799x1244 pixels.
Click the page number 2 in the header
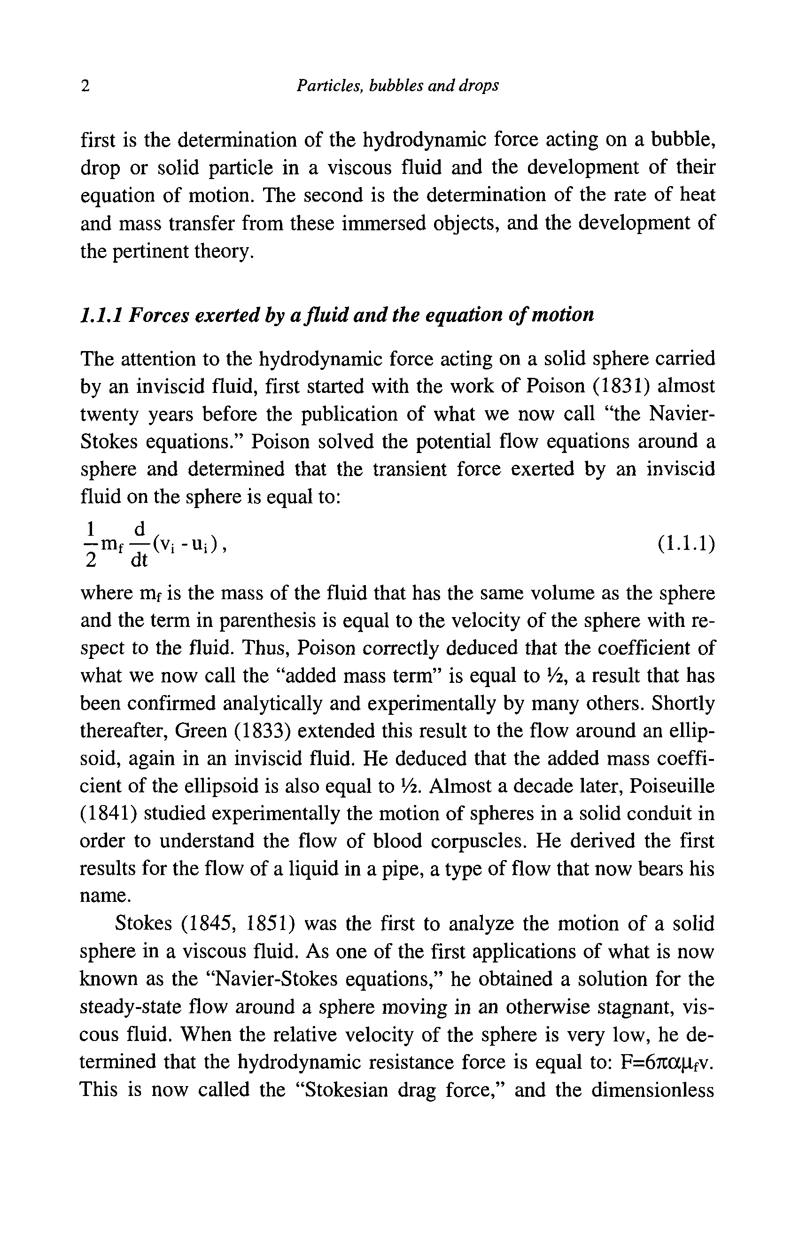(85, 86)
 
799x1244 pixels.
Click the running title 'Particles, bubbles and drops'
(397, 86)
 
